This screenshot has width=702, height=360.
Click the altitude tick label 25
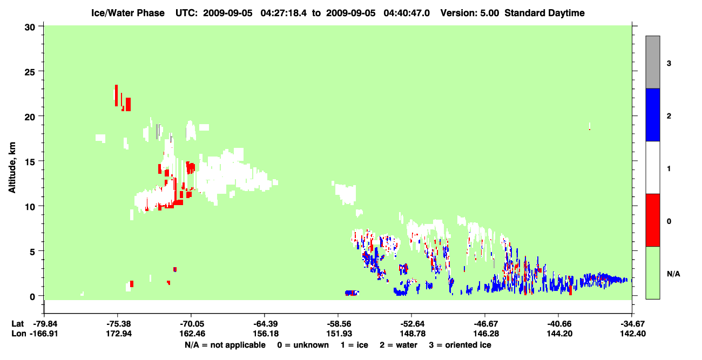click(x=30, y=72)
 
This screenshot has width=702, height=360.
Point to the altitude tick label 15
click(x=30, y=162)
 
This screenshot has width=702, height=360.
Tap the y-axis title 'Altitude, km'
click(x=12, y=168)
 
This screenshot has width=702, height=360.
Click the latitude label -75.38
click(x=118, y=324)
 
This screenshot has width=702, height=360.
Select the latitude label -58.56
click(x=339, y=324)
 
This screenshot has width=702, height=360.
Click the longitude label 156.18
click(x=266, y=334)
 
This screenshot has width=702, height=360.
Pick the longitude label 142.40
click(x=633, y=334)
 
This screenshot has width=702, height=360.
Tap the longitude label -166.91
click(x=44, y=334)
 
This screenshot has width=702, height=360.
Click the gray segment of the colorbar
click(x=652, y=62)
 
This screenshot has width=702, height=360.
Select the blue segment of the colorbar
click(x=652, y=114)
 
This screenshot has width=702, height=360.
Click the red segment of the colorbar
click(x=652, y=220)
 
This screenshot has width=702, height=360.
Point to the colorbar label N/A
click(x=673, y=274)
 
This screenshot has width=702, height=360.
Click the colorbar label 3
click(x=669, y=64)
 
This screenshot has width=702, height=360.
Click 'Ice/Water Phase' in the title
click(x=128, y=13)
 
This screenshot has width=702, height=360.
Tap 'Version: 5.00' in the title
click(x=469, y=13)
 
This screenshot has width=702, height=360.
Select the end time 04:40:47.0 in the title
click(x=407, y=13)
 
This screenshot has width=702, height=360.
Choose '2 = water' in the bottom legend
click(x=399, y=345)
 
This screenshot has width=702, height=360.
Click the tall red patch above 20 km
click(x=116, y=95)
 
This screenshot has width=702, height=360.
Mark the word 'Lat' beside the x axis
click(x=18, y=324)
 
